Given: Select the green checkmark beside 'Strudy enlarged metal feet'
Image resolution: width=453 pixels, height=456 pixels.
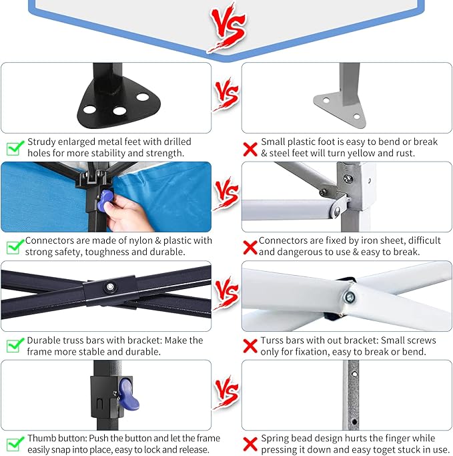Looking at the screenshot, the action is (x=15, y=148).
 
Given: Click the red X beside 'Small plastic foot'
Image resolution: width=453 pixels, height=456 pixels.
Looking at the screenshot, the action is (x=250, y=149).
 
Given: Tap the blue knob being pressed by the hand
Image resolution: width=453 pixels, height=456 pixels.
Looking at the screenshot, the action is (x=105, y=200).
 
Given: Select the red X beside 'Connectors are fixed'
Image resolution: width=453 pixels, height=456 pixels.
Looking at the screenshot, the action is (x=250, y=248).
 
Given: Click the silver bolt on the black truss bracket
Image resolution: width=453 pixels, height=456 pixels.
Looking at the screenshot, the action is (x=110, y=287).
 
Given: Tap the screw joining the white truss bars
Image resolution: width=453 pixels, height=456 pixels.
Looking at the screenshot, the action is (x=349, y=297).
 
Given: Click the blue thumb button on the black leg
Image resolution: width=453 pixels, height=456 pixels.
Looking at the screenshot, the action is (x=129, y=394).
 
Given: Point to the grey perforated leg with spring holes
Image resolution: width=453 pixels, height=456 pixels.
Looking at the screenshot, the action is (x=351, y=395).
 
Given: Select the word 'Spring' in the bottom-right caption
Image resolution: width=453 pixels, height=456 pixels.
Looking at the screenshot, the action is (x=276, y=438).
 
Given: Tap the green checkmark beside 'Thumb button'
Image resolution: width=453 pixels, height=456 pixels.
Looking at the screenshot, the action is (x=15, y=444).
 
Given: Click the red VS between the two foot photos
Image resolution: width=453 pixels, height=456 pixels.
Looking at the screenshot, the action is (x=226, y=95).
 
